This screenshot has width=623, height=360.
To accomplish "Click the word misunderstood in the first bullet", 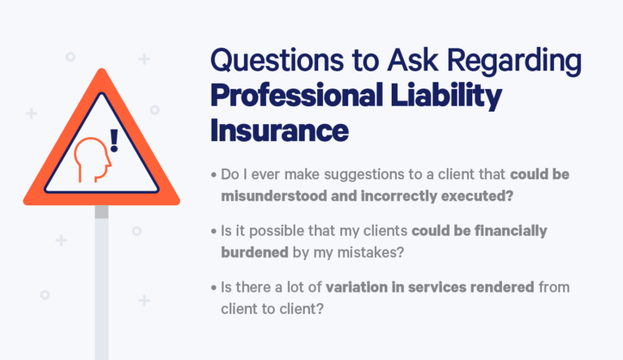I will pyautogui.click(x=273, y=195).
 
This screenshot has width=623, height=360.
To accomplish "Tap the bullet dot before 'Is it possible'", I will pyautogui.click(x=213, y=232).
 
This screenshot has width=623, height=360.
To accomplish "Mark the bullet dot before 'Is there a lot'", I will pyautogui.click(x=213, y=289).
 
